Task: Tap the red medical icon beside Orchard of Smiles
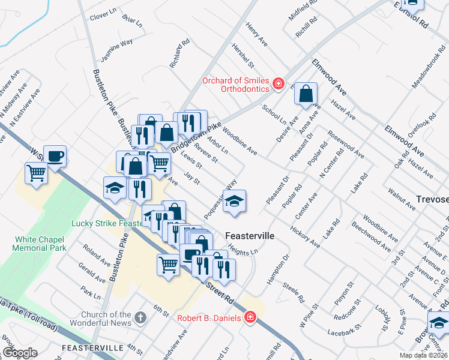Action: click(x=279, y=83)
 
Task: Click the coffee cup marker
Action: click(x=55, y=156)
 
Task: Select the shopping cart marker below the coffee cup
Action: click(x=37, y=173)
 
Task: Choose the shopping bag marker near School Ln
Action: click(x=306, y=94)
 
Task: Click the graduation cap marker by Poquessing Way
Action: click(x=234, y=201)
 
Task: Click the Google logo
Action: click(x=20, y=353)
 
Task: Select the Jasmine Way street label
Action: click(x=117, y=50)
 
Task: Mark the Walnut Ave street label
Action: click(x=402, y=200)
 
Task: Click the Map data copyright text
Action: click(x=424, y=355)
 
